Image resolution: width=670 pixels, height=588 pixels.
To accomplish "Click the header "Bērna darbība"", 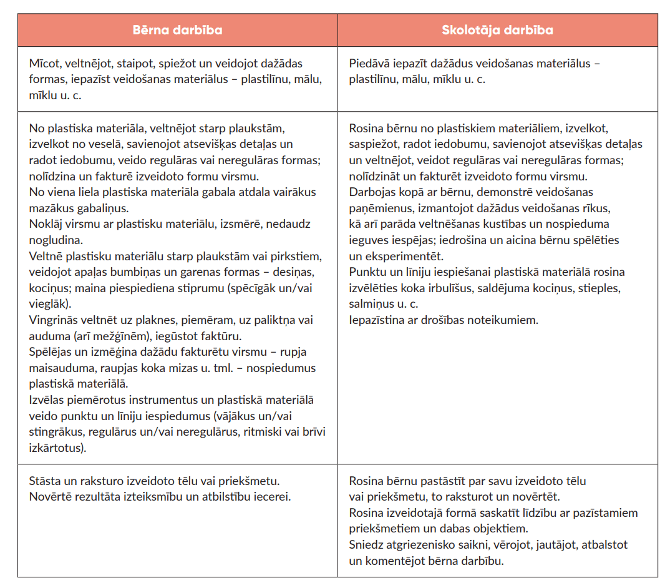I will (177, 30).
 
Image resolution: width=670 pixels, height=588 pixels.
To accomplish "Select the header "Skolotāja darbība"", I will (497, 30).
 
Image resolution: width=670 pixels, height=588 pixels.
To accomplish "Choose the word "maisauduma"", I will (59, 368).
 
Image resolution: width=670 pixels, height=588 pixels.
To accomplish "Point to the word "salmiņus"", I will (371, 304).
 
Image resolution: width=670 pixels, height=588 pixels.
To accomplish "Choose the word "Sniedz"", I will (365, 545).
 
